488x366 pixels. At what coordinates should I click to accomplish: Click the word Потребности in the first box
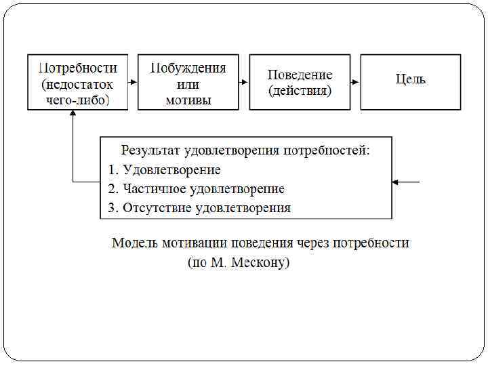78,68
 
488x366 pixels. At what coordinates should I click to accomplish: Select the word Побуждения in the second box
188,68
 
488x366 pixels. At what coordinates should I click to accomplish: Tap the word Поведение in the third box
300,75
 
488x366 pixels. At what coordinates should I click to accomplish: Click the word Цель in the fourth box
411,79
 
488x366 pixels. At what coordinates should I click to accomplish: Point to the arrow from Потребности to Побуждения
132,81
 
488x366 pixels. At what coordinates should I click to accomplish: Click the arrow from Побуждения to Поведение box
243,81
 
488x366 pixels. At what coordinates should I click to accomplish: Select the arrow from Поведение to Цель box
354,81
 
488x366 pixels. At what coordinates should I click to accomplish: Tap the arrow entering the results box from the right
406,182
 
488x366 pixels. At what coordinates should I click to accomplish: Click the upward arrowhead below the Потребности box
73,115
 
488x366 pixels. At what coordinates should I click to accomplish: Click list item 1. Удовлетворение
164,169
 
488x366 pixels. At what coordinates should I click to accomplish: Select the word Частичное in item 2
155,189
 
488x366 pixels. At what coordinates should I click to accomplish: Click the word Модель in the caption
134,243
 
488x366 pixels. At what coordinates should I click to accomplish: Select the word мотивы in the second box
188,100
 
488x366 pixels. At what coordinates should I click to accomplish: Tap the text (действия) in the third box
300,90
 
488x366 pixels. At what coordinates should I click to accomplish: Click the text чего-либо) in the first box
77,100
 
